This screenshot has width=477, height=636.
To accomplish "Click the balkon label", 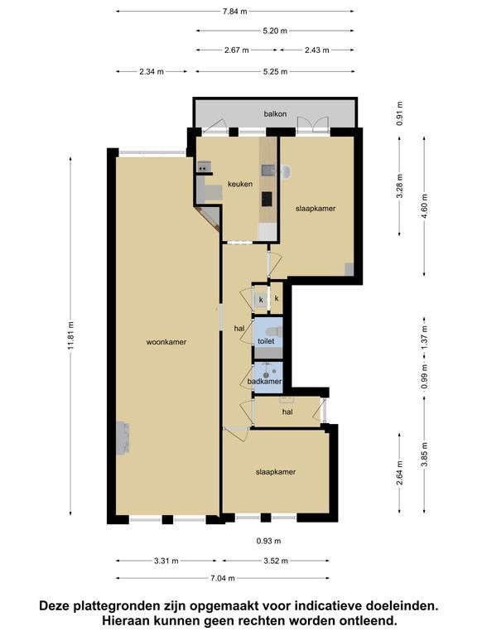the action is pyautogui.click(x=275, y=114).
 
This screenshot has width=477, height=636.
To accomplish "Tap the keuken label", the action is pyautogui.click(x=240, y=184).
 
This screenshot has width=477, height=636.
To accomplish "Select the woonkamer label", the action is pyautogui.click(x=166, y=342).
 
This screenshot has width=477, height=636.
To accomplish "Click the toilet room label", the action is pyautogui.click(x=266, y=341).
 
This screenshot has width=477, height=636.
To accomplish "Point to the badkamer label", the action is pyautogui.click(x=264, y=381).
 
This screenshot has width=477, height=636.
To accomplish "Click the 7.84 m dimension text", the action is pyautogui.click(x=235, y=12).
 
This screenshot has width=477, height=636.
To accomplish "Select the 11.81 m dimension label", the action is pyautogui.click(x=71, y=336).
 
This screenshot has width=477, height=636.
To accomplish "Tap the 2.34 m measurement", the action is pyautogui.click(x=152, y=72).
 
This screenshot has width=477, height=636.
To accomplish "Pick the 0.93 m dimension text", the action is pyautogui.click(x=268, y=541).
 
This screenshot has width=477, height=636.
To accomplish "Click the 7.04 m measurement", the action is pyautogui.click(x=223, y=578).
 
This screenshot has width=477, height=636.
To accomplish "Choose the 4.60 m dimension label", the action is pyautogui.click(x=425, y=206).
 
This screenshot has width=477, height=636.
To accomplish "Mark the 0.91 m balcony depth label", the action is pyautogui.click(x=400, y=113).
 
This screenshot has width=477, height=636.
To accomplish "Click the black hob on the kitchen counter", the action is pyautogui.click(x=267, y=199).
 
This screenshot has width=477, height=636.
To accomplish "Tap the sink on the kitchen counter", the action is pyautogui.click(x=267, y=171).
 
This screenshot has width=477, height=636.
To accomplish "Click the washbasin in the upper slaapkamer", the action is pyautogui.click(x=286, y=171).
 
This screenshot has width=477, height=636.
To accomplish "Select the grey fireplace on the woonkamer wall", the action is pyautogui.click(x=123, y=438).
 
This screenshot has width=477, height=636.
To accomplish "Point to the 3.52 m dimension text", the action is pyautogui.click(x=276, y=561).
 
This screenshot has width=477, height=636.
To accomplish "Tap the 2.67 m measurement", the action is pyautogui.click(x=237, y=51).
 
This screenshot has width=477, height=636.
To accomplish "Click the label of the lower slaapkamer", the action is pyautogui.click(x=276, y=472).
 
